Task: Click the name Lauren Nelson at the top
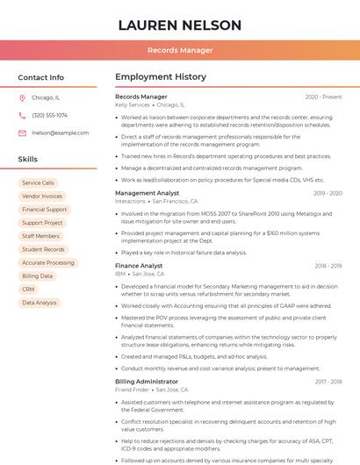click(x=180, y=25)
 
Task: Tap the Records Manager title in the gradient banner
click(x=180, y=51)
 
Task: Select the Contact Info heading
click(x=41, y=77)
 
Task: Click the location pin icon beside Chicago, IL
click(x=22, y=98)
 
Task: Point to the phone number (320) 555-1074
click(x=49, y=115)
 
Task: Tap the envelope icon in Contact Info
click(x=22, y=132)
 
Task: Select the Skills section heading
click(x=28, y=160)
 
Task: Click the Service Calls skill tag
click(x=38, y=183)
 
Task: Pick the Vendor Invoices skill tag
click(x=42, y=197)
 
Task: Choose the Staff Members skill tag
click(x=40, y=236)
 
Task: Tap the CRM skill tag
click(x=28, y=289)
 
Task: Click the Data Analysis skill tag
click(x=40, y=303)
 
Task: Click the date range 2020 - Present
click(x=323, y=97)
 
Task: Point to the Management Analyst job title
click(x=147, y=193)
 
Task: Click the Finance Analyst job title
click(x=139, y=266)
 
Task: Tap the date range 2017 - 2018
click(x=328, y=382)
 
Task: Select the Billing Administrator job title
click(x=147, y=382)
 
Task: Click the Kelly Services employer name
click(x=133, y=104)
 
